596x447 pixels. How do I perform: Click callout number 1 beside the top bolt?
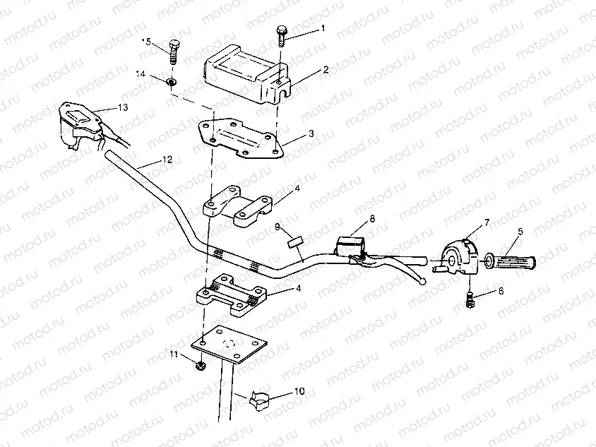coord(323,29)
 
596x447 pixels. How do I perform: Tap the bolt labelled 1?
coord(282,35)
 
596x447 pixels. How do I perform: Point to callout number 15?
coord(147,42)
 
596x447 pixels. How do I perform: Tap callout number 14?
coord(141,73)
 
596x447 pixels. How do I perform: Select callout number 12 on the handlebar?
coord(165,160)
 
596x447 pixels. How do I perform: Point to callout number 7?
coord(486,223)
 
